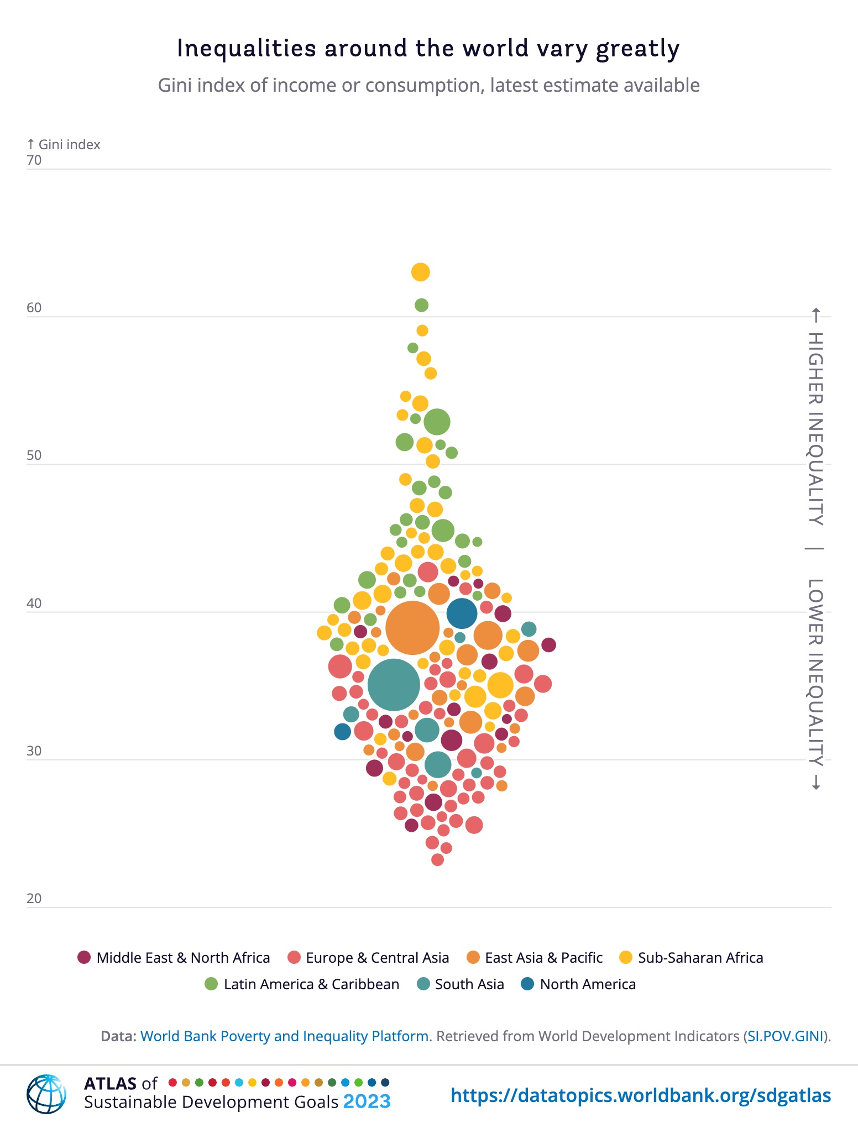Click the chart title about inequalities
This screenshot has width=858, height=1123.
[428, 49]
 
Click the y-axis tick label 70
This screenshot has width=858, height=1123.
[34, 160]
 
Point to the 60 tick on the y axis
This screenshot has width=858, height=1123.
[34, 308]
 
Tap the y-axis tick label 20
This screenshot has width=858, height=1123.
[34, 898]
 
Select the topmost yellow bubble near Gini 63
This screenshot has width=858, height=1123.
[421, 272]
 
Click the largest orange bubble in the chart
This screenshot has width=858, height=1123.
[412, 628]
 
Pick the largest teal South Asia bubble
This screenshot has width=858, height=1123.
[394, 685]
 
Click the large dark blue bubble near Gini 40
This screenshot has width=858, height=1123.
[462, 613]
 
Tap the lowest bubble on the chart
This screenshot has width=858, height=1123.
[437, 859]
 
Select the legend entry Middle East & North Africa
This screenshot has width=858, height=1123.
[174, 958]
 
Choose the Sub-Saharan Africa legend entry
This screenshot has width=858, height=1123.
[692, 958]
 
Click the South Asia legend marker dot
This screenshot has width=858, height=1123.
[424, 984]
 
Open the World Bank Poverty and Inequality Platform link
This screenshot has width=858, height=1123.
[285, 1036]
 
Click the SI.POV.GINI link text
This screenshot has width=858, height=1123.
[785, 1036]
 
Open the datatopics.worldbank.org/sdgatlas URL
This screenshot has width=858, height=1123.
[641, 1095]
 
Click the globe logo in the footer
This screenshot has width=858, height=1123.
[46, 1094]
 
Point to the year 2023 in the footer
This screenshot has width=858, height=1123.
[367, 1102]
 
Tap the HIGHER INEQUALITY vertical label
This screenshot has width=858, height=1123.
[816, 428]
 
